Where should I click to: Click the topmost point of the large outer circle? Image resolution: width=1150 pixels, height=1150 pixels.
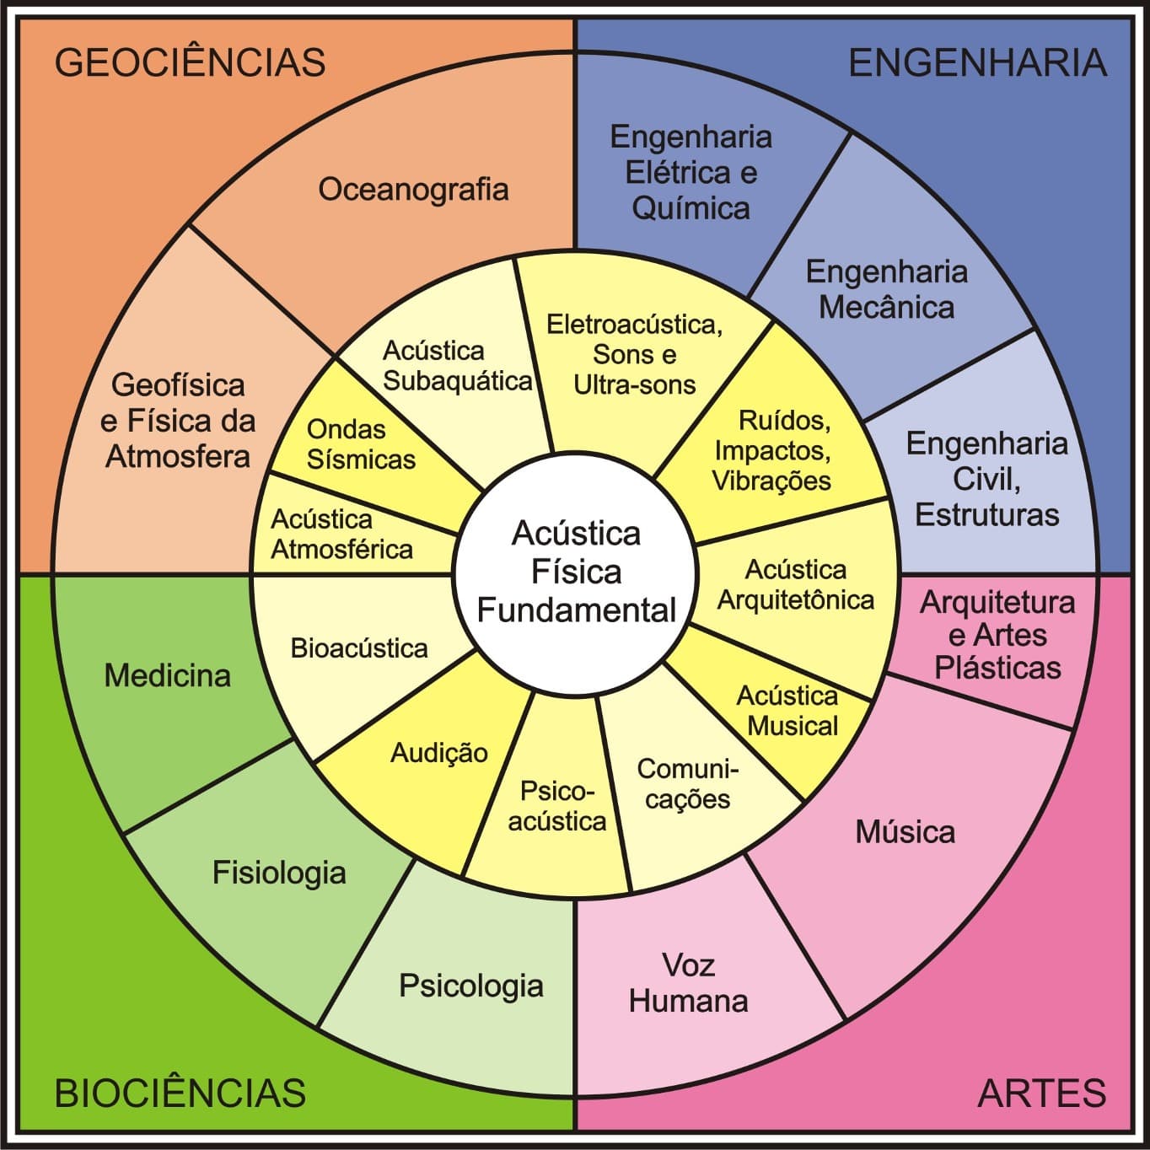click(575, 52)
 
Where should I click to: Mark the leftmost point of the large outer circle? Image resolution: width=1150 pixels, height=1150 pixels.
click(52, 575)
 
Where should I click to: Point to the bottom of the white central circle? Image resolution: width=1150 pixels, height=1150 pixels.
click(575, 696)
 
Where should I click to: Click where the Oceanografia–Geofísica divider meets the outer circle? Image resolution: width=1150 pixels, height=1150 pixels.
click(189, 226)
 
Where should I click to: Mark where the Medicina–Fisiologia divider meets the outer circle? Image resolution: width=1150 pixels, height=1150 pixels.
click(124, 832)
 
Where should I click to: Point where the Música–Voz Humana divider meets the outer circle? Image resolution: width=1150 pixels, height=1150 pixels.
click(846, 1019)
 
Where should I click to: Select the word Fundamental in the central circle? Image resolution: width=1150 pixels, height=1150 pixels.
click(577, 610)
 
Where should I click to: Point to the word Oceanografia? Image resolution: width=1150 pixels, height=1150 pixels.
click(413, 190)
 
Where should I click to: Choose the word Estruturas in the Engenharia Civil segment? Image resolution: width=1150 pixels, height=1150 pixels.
click(987, 514)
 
